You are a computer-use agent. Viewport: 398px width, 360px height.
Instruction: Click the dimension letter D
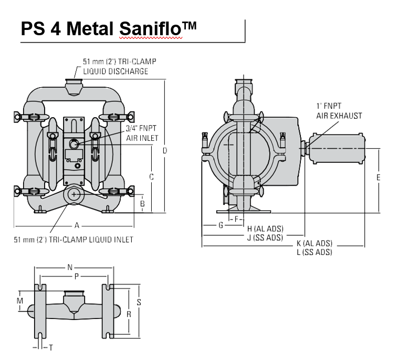coord(164,151)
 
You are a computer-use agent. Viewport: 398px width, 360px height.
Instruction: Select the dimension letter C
coord(151,177)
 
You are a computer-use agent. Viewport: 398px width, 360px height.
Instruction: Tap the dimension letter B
coord(142,203)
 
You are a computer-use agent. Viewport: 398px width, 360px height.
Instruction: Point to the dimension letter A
coord(77,225)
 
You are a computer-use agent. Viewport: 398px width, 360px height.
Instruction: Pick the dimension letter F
coord(237,218)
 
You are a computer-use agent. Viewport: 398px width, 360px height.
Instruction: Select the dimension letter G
coord(221,225)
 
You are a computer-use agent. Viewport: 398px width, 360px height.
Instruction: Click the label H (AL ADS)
coord(265,229)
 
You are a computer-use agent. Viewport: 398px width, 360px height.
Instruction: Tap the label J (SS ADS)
coord(265,238)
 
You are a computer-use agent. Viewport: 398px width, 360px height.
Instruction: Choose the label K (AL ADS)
coord(314,244)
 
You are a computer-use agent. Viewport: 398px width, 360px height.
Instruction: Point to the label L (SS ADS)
coord(314,252)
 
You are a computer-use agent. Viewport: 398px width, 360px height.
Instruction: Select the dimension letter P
coord(76,275)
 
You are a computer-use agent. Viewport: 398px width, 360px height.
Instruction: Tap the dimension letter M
coord(20,300)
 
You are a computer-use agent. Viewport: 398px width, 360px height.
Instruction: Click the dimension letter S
coord(139,302)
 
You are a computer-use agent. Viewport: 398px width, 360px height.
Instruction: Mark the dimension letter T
coord(50,347)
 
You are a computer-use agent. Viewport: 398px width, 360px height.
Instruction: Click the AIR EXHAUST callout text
coord(339,116)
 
